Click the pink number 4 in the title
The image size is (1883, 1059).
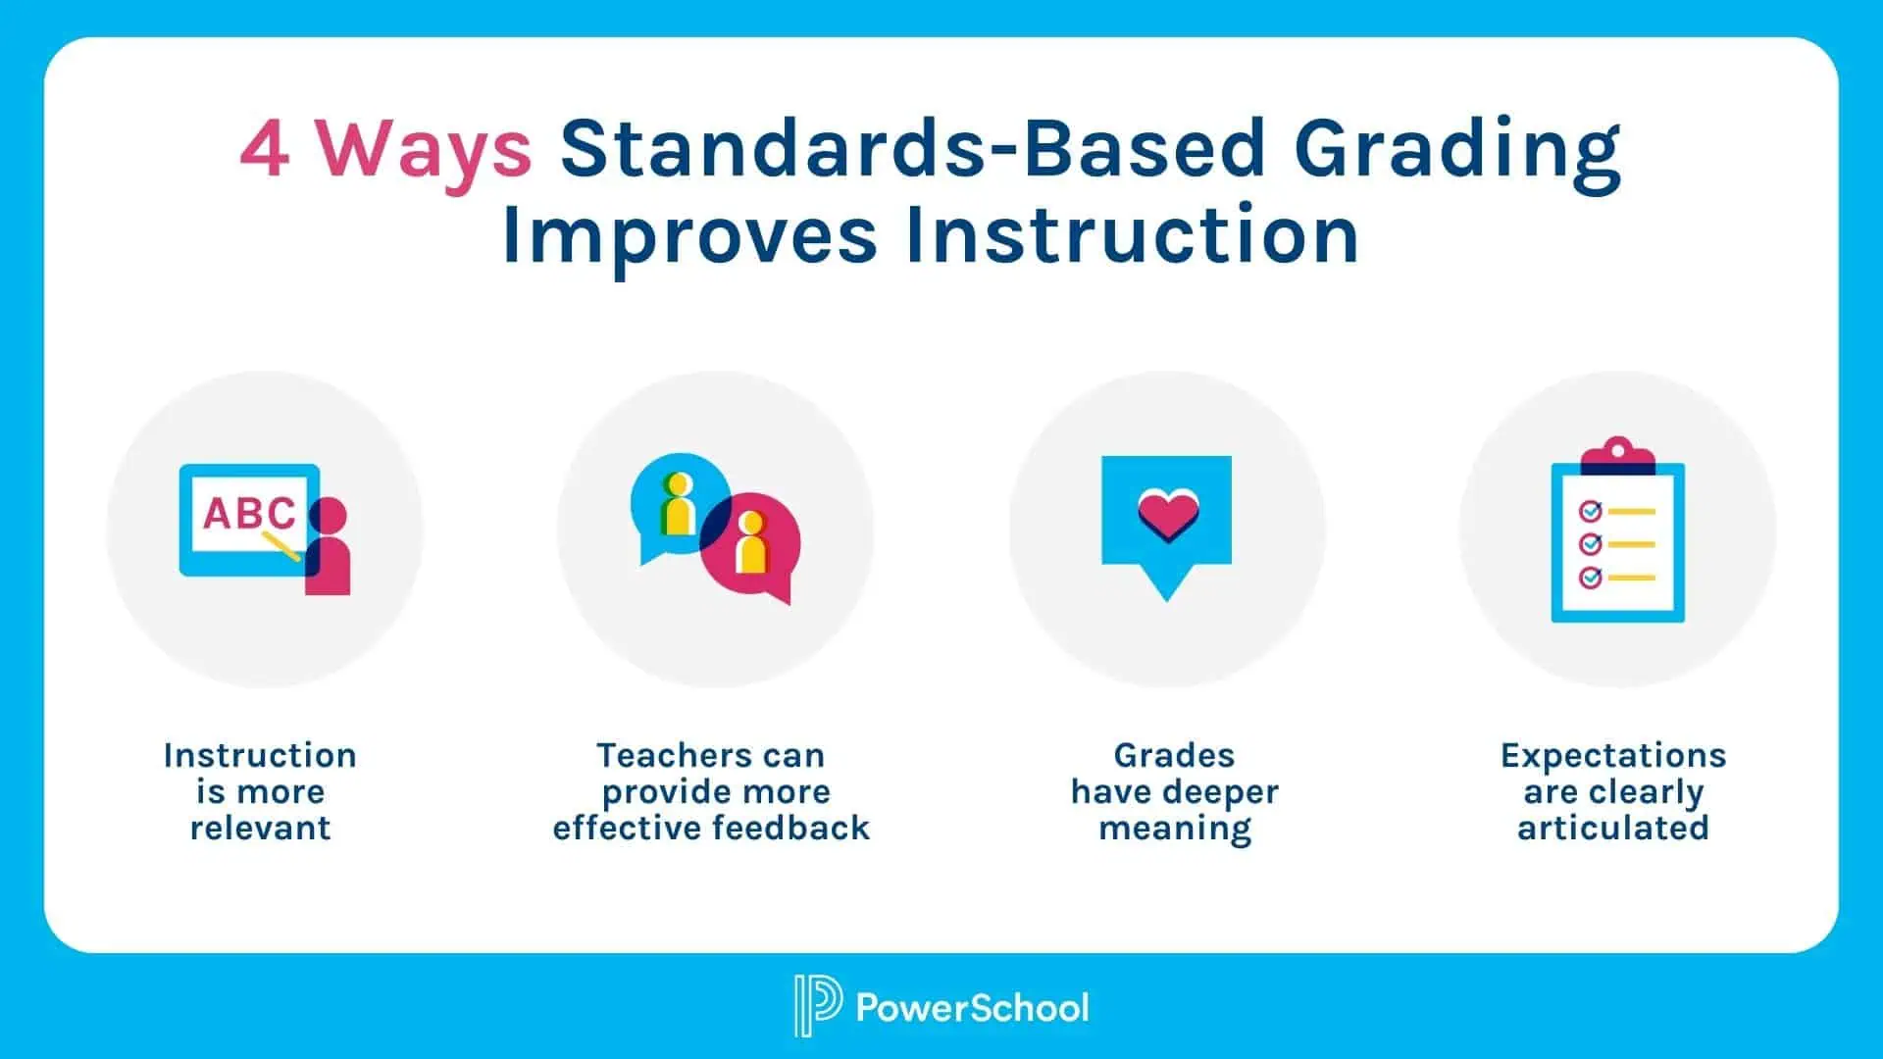(265, 150)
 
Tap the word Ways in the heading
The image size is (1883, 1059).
(423, 150)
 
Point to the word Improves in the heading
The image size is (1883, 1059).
(688, 235)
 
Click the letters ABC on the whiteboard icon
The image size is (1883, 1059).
(249, 513)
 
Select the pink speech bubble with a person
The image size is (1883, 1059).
(753, 545)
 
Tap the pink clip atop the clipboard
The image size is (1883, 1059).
(1617, 455)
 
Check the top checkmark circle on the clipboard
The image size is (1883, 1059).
(1590, 511)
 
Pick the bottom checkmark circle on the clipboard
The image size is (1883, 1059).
(1590, 578)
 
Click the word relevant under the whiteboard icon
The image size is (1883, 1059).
(260, 828)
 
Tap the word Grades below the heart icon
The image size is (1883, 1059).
(1174, 755)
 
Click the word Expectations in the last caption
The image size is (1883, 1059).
(1613, 755)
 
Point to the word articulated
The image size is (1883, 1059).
(1613, 828)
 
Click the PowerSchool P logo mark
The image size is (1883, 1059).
(817, 1005)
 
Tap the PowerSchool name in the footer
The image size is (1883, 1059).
(972, 1007)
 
